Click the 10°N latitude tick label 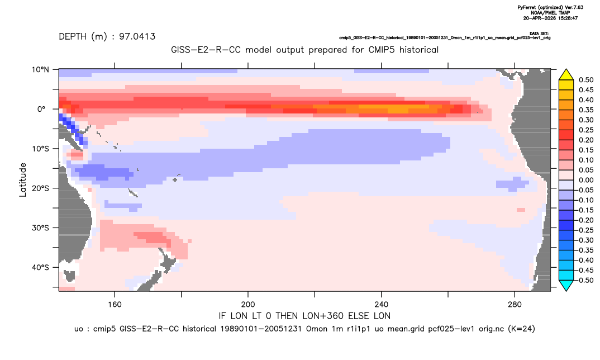[x=40, y=70]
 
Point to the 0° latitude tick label [x=41, y=109]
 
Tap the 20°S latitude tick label [x=40, y=188]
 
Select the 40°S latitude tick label [x=40, y=267]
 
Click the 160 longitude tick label [x=115, y=305]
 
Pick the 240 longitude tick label [x=382, y=305]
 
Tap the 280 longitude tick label [x=515, y=305]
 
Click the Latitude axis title [x=23, y=180]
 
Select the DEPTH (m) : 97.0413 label [x=107, y=37]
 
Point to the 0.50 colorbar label [x=586, y=80]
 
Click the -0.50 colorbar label [x=585, y=280]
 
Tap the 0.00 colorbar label [x=586, y=181]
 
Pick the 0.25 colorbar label [x=586, y=130]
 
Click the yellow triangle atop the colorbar [x=566, y=75]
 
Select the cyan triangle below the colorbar [x=566, y=285]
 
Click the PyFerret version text [x=550, y=7]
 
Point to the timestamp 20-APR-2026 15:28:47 [x=550, y=18]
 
